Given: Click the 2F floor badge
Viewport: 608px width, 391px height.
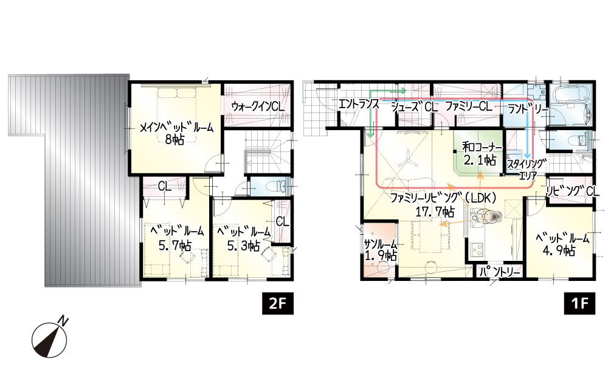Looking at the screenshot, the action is coord(278,303).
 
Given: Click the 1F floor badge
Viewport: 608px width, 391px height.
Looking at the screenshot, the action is coord(579,303).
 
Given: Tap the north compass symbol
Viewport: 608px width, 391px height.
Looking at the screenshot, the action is coord(50,337).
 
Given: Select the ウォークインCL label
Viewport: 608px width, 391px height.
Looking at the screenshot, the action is coord(258,106).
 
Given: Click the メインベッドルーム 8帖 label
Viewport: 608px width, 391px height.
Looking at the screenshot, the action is coord(176,133).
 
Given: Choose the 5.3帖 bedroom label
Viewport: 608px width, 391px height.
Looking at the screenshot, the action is coord(244,238).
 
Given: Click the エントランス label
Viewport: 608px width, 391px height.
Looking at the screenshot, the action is coord(359,103).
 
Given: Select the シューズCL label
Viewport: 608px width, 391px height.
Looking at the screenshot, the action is coord(414,106).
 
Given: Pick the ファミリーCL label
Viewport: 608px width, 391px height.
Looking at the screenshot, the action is coord(469,106).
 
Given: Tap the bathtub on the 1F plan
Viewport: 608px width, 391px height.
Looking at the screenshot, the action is coord(571,101).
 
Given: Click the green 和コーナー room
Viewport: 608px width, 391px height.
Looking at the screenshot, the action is coord(478,153).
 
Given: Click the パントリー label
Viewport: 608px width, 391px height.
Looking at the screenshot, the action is coord(500,272).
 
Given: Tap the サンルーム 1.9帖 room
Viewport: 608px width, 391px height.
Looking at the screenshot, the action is coord(380,249).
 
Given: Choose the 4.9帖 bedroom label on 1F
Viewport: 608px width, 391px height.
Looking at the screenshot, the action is coord(562,244).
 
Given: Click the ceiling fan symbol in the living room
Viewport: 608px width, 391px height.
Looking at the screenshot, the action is coord(407,160).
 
